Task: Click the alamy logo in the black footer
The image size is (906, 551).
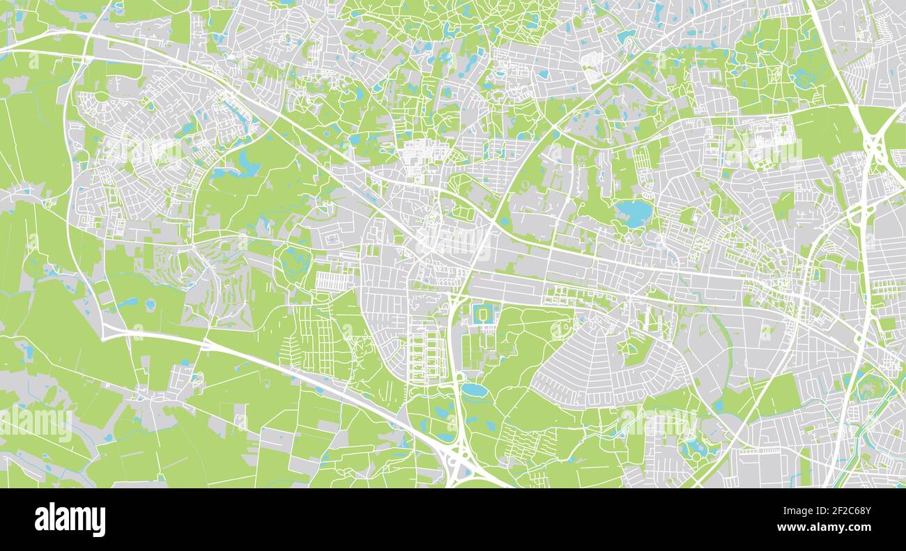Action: pyautogui.click(x=70, y=520)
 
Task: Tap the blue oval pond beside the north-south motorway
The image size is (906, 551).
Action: pyautogui.click(x=475, y=389)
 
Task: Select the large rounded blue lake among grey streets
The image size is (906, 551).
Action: pyautogui.click(x=634, y=210)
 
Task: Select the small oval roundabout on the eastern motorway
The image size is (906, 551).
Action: pyautogui.click(x=859, y=337)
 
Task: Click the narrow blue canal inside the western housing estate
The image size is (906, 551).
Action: pyautogui.click(x=237, y=115)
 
